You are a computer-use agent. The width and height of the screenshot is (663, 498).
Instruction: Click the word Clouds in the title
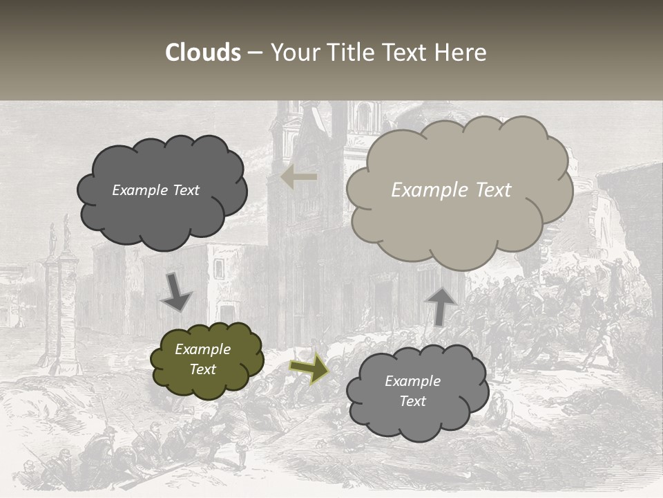(x=203, y=53)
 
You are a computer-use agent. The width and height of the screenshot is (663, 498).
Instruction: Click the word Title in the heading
(x=350, y=53)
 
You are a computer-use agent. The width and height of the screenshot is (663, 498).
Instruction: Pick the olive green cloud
(x=206, y=360)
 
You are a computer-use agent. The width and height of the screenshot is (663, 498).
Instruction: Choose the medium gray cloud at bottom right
(x=417, y=391)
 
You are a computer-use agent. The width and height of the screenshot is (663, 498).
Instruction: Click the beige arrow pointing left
(x=299, y=177)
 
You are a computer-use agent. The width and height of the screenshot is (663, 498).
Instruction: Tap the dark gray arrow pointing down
(x=177, y=293)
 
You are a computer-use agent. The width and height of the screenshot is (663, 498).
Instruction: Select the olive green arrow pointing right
(x=309, y=367)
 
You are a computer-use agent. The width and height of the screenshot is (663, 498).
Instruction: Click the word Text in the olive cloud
(x=203, y=369)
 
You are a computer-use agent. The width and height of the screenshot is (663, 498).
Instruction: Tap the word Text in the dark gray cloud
(x=184, y=190)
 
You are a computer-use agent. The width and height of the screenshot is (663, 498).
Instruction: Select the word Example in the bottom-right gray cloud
(x=412, y=381)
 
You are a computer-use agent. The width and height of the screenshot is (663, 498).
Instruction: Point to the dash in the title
(x=255, y=53)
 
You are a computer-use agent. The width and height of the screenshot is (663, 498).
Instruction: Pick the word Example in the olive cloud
(x=203, y=349)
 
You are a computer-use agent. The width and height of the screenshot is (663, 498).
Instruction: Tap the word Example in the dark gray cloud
(x=139, y=190)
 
